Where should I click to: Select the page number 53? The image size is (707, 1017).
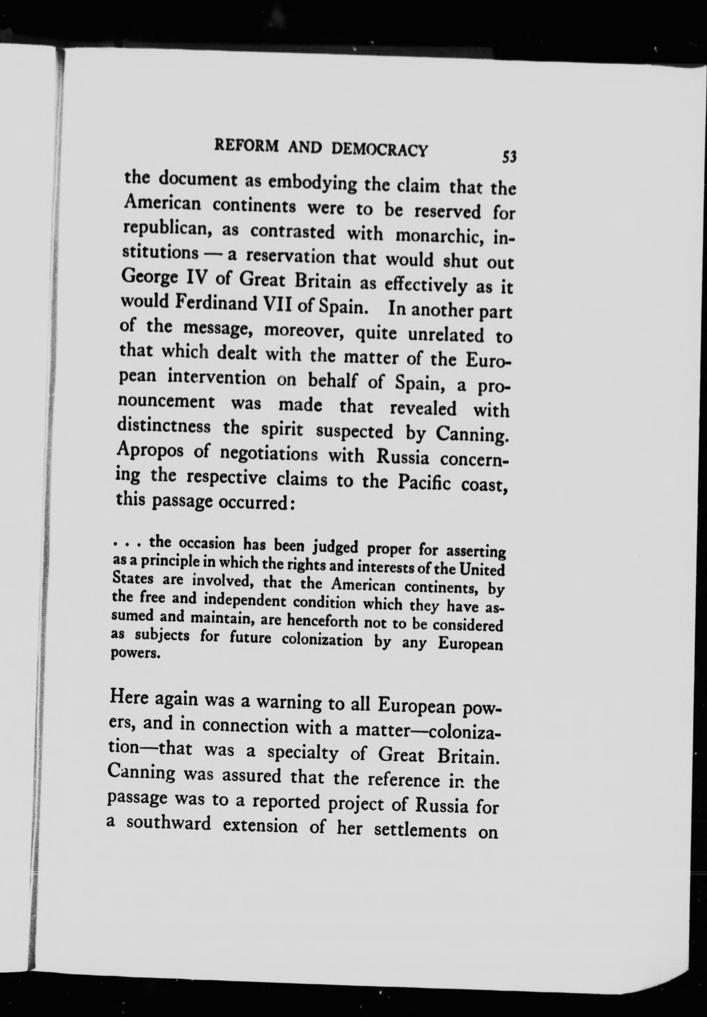coord(510,157)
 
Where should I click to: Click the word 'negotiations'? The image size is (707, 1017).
coord(269,454)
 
